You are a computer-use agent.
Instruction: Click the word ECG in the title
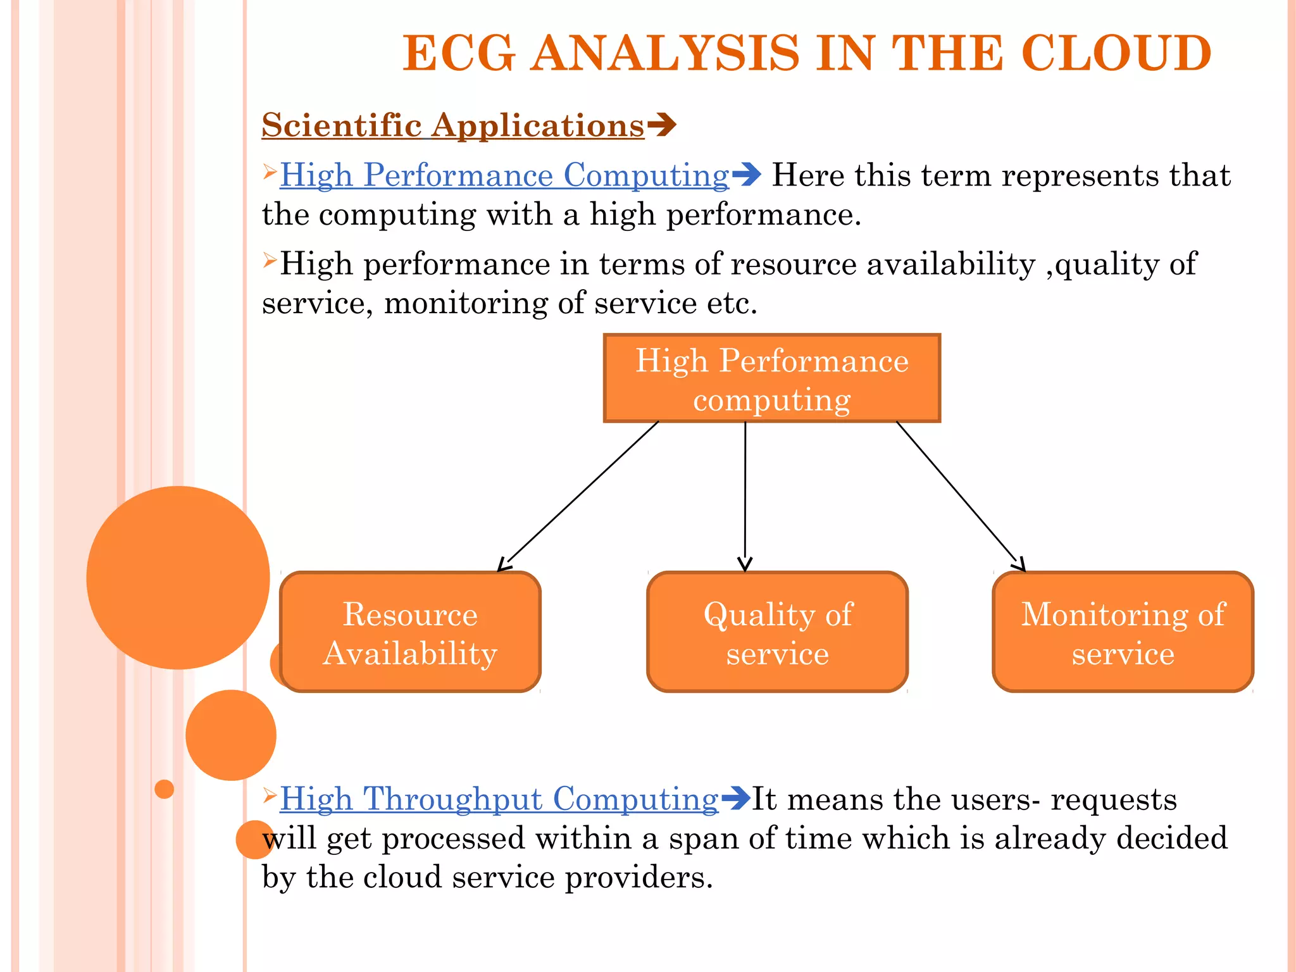pos(459,53)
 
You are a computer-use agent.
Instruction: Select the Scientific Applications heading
pos(452,125)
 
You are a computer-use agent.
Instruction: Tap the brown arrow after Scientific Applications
pos(662,125)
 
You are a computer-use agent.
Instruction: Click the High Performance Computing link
pos(504,175)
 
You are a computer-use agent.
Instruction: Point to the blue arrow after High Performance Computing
pos(747,175)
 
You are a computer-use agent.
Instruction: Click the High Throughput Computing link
pos(499,799)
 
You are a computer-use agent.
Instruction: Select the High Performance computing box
pos(771,378)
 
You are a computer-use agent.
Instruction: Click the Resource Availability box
pos(410,632)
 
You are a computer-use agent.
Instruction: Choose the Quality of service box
pos(777,632)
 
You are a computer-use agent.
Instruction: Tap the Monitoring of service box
pos(1123,632)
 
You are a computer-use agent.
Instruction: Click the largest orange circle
pos(178,577)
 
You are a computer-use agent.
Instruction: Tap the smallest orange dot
pos(164,789)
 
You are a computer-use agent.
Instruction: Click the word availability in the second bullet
pos(950,265)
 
